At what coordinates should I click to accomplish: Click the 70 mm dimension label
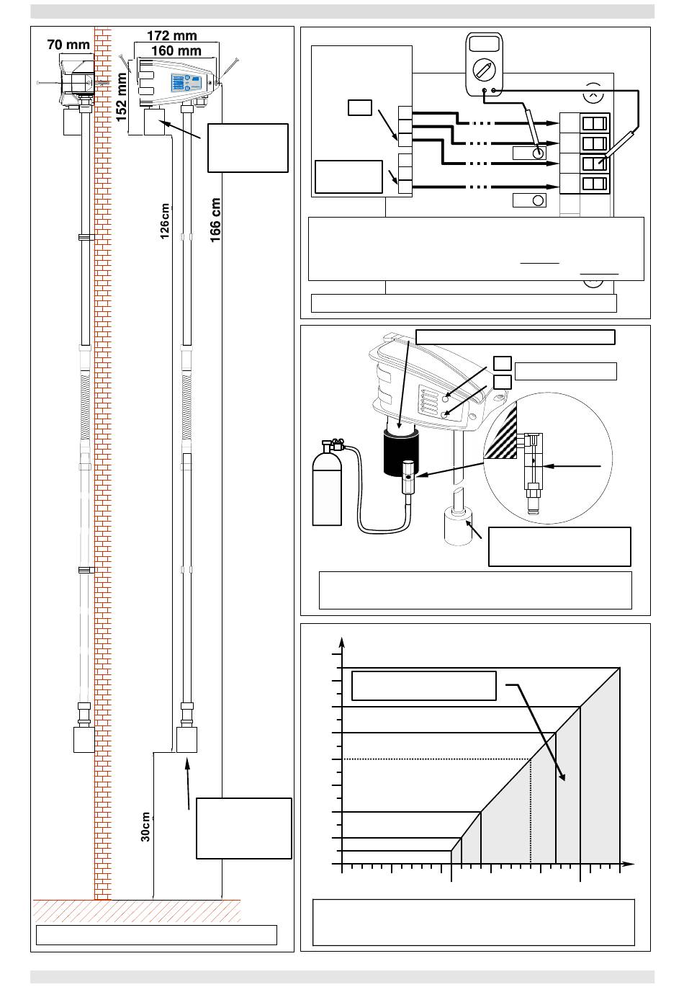(68, 45)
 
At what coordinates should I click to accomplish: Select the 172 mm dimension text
(172, 36)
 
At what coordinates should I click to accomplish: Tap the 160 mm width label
(176, 50)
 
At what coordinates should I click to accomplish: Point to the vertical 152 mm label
(121, 97)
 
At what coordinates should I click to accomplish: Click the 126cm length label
(164, 221)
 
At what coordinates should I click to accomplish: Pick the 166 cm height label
(215, 220)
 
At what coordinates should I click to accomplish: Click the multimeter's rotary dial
(484, 70)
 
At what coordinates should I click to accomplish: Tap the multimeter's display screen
(484, 44)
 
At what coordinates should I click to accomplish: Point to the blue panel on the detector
(186, 82)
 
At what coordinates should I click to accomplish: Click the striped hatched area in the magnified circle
(501, 433)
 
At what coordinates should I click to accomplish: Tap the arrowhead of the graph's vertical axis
(342, 643)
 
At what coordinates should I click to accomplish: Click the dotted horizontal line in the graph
(436, 759)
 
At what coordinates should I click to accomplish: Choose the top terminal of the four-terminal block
(585, 123)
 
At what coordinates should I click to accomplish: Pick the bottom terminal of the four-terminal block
(585, 184)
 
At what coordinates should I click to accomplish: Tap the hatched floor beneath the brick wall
(137, 911)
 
